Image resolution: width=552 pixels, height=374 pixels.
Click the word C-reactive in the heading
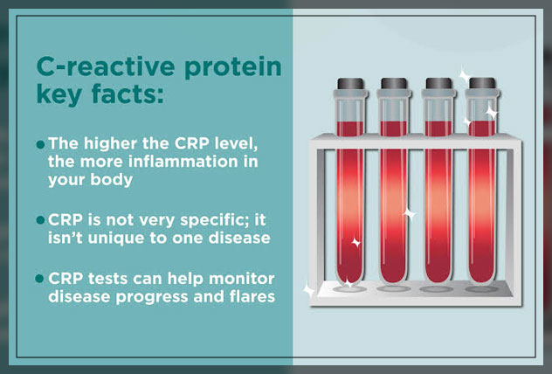(96, 68)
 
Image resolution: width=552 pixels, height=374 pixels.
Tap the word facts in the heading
(121, 98)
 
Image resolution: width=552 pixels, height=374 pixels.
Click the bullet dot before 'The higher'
(40, 142)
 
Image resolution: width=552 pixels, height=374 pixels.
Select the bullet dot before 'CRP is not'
(40, 218)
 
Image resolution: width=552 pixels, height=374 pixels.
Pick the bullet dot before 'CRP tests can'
(40, 278)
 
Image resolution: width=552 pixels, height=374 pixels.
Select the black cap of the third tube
(437, 85)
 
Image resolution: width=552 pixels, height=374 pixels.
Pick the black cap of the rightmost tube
(480, 85)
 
